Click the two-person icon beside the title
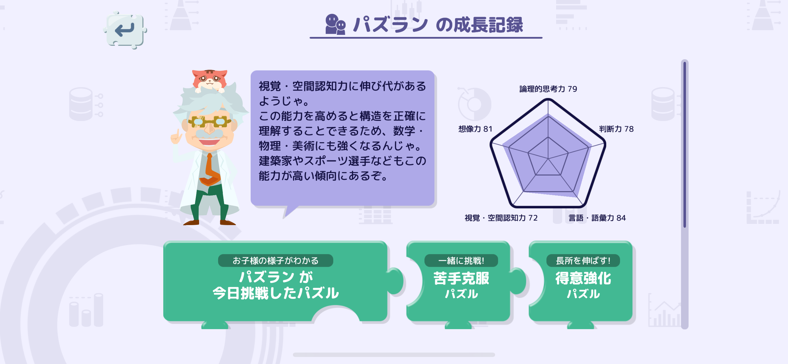[x=335, y=24]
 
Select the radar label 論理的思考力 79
[x=548, y=89]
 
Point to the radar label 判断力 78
[x=616, y=129]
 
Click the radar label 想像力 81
[x=475, y=129]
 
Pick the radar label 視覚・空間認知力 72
[x=501, y=218]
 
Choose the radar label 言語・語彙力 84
[x=597, y=218]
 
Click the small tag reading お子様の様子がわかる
[x=275, y=260]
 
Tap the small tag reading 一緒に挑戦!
[x=461, y=260]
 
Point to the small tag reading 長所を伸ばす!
[x=583, y=260]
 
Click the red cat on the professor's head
[x=210, y=80]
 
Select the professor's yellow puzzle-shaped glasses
[x=210, y=122]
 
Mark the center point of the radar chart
[x=548, y=159]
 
